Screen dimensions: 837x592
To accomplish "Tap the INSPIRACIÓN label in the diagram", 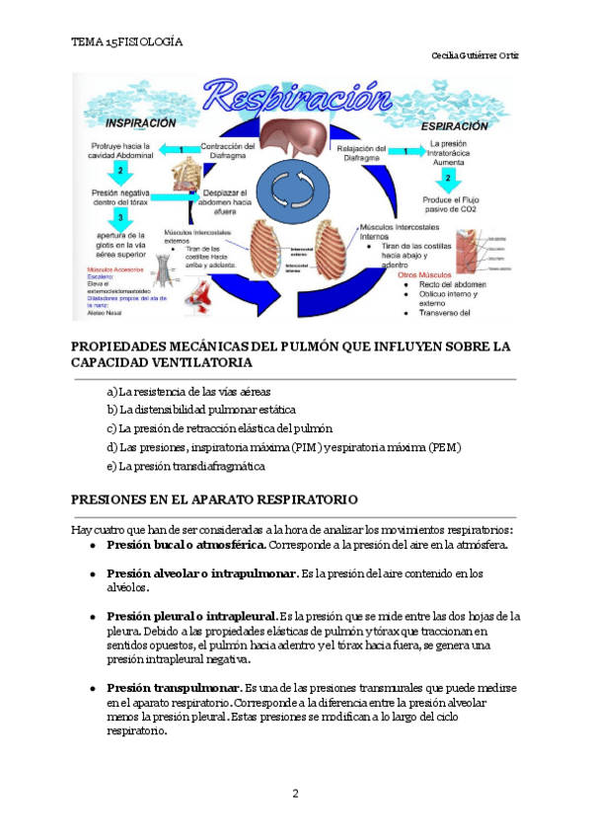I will point(140,124).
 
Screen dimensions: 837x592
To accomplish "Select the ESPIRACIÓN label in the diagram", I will point(454,126).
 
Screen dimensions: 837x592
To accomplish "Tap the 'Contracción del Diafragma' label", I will point(228,151).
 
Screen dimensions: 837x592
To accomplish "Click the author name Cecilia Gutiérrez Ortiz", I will point(476,55).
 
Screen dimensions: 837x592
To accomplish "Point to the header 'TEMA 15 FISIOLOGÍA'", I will point(127,42).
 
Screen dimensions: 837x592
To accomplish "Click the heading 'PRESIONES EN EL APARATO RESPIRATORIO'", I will point(214,499).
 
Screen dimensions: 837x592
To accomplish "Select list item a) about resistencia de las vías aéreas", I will point(188,391).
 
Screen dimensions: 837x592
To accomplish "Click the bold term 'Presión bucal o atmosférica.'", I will point(186,545).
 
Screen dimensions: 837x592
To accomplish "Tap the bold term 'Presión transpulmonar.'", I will point(174,687).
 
